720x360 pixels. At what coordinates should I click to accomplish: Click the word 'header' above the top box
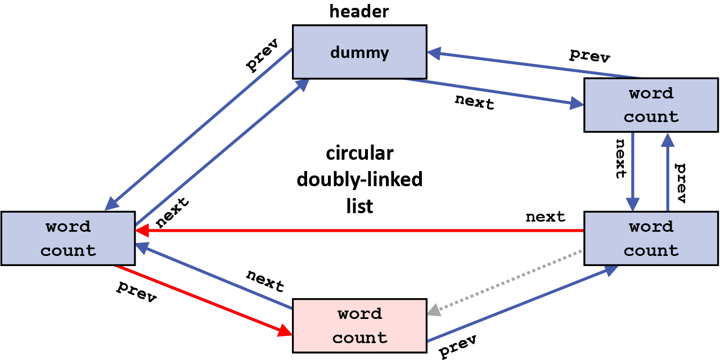359,11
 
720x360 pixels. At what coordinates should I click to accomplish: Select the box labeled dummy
359,52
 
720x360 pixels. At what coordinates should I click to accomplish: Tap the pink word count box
359,326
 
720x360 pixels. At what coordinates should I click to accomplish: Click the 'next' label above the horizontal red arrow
545,217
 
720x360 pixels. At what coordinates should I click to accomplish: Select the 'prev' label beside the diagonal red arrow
136,291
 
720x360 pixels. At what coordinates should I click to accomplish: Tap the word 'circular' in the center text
359,153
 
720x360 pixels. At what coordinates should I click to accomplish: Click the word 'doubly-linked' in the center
359,179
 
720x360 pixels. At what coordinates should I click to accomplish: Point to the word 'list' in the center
359,206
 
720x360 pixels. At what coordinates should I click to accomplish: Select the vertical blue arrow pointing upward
668,172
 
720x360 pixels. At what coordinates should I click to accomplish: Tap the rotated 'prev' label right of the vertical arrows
681,183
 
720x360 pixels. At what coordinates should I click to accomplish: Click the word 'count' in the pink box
359,337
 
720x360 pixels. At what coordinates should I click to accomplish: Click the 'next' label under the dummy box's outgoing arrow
474,102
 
